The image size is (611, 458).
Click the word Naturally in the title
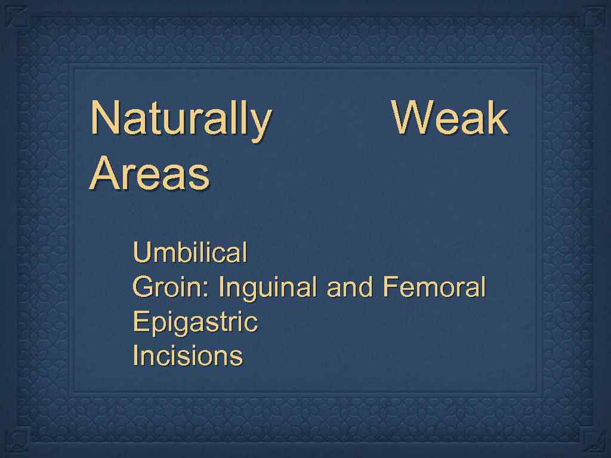[x=180, y=119]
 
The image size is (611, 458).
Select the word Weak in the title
[x=450, y=118]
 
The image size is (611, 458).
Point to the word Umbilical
[x=190, y=253]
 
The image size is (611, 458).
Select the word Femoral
[x=434, y=287]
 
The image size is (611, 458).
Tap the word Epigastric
[x=195, y=323]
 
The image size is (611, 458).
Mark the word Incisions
[x=187, y=356]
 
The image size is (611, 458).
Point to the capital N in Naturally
[x=104, y=118]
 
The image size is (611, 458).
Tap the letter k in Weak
[x=497, y=118]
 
